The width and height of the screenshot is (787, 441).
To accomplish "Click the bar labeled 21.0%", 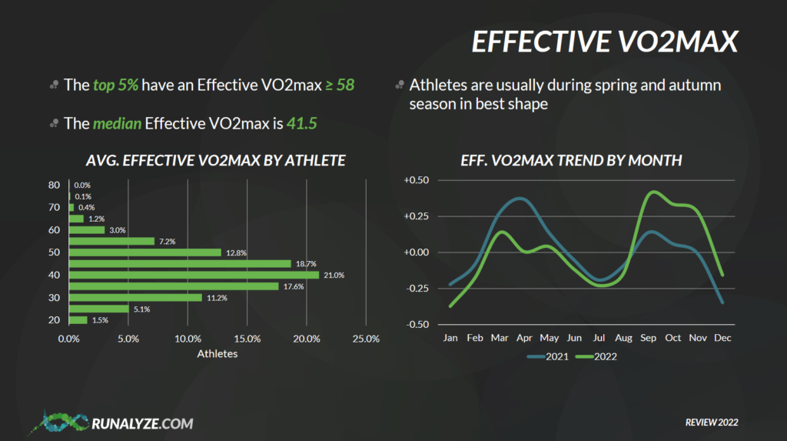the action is tap(194, 275).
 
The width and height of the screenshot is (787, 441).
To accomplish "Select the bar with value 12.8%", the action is tap(145, 252).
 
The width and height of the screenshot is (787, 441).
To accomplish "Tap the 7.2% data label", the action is tap(167, 242).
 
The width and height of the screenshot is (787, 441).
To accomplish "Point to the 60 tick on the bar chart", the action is tap(55, 230).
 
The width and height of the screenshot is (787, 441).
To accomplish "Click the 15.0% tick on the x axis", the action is tap(247, 339).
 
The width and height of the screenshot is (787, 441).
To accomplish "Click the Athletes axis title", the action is tap(218, 353).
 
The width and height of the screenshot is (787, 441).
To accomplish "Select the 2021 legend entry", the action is tap(547, 356).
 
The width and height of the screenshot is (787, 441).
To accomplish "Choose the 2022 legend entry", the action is tap(596, 356).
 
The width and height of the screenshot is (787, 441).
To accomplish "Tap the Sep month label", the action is tap(648, 338).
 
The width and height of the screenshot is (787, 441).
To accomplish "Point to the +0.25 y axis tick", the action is tap(416, 216).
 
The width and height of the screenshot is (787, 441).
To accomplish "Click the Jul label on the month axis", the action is tap(599, 338).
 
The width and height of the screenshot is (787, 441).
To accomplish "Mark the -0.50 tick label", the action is tap(417, 324).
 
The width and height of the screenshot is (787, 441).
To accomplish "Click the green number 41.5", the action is tap(301, 124).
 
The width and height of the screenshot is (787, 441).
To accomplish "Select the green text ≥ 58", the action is tap(340, 85).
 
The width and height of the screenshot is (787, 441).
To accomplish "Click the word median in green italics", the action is tap(117, 124).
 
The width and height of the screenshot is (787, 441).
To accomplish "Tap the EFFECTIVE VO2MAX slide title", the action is tap(605, 42).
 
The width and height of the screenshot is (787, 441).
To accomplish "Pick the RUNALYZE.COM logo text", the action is tap(142, 423).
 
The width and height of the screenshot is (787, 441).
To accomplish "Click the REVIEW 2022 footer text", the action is tap(712, 423).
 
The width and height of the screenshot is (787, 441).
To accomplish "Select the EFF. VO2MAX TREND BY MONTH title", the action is tap(571, 160).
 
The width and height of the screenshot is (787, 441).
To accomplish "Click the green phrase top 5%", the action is tap(115, 85).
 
